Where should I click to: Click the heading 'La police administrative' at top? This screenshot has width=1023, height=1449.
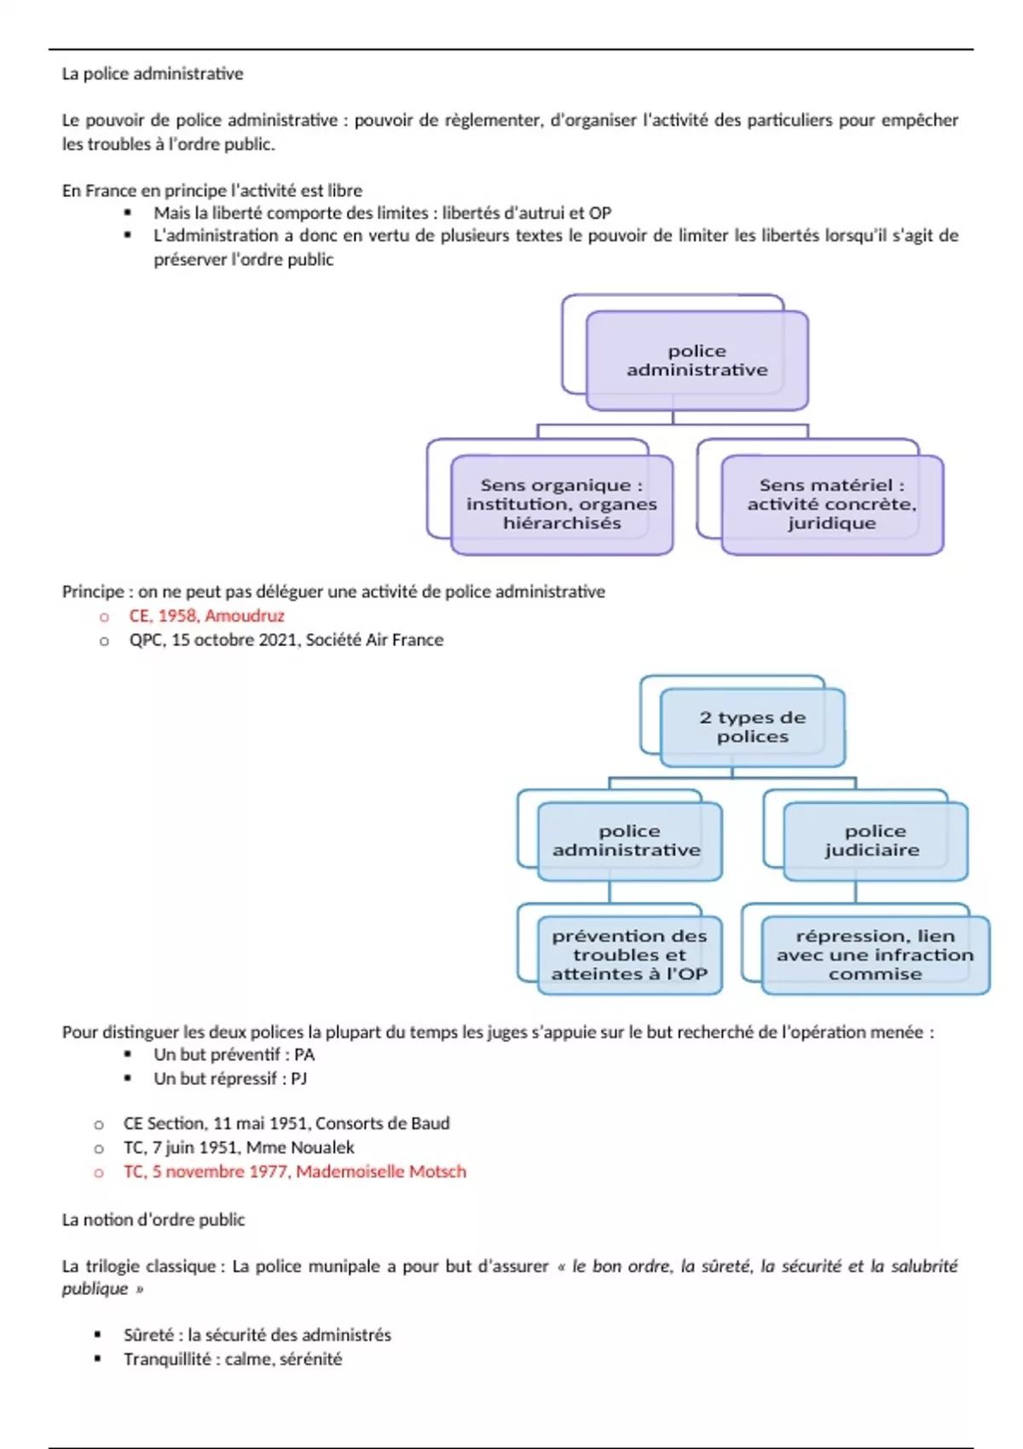pos(153,74)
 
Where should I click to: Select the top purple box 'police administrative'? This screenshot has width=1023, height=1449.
pos(696,361)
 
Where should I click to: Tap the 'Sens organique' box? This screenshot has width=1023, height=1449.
pos(561,504)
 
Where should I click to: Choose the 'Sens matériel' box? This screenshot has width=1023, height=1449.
pos(831,504)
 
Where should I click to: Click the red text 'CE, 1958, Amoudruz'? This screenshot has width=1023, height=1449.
pos(206,615)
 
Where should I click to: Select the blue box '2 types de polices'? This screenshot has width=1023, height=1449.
pos(752,727)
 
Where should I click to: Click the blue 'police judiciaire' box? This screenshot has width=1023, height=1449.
pos(875,840)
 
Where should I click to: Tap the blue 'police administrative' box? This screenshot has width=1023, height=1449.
pos(629,840)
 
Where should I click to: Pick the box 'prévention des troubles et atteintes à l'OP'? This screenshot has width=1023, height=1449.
pos(629,955)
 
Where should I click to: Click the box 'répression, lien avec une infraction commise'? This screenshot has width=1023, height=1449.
pos(875,955)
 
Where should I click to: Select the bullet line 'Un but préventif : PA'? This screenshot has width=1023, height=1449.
pos(234,1054)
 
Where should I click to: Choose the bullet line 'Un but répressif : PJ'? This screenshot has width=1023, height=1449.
pos(230,1078)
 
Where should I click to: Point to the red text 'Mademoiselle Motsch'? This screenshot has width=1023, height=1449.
pos(381,1171)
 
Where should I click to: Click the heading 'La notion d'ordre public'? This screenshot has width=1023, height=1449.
pos(153,1220)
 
